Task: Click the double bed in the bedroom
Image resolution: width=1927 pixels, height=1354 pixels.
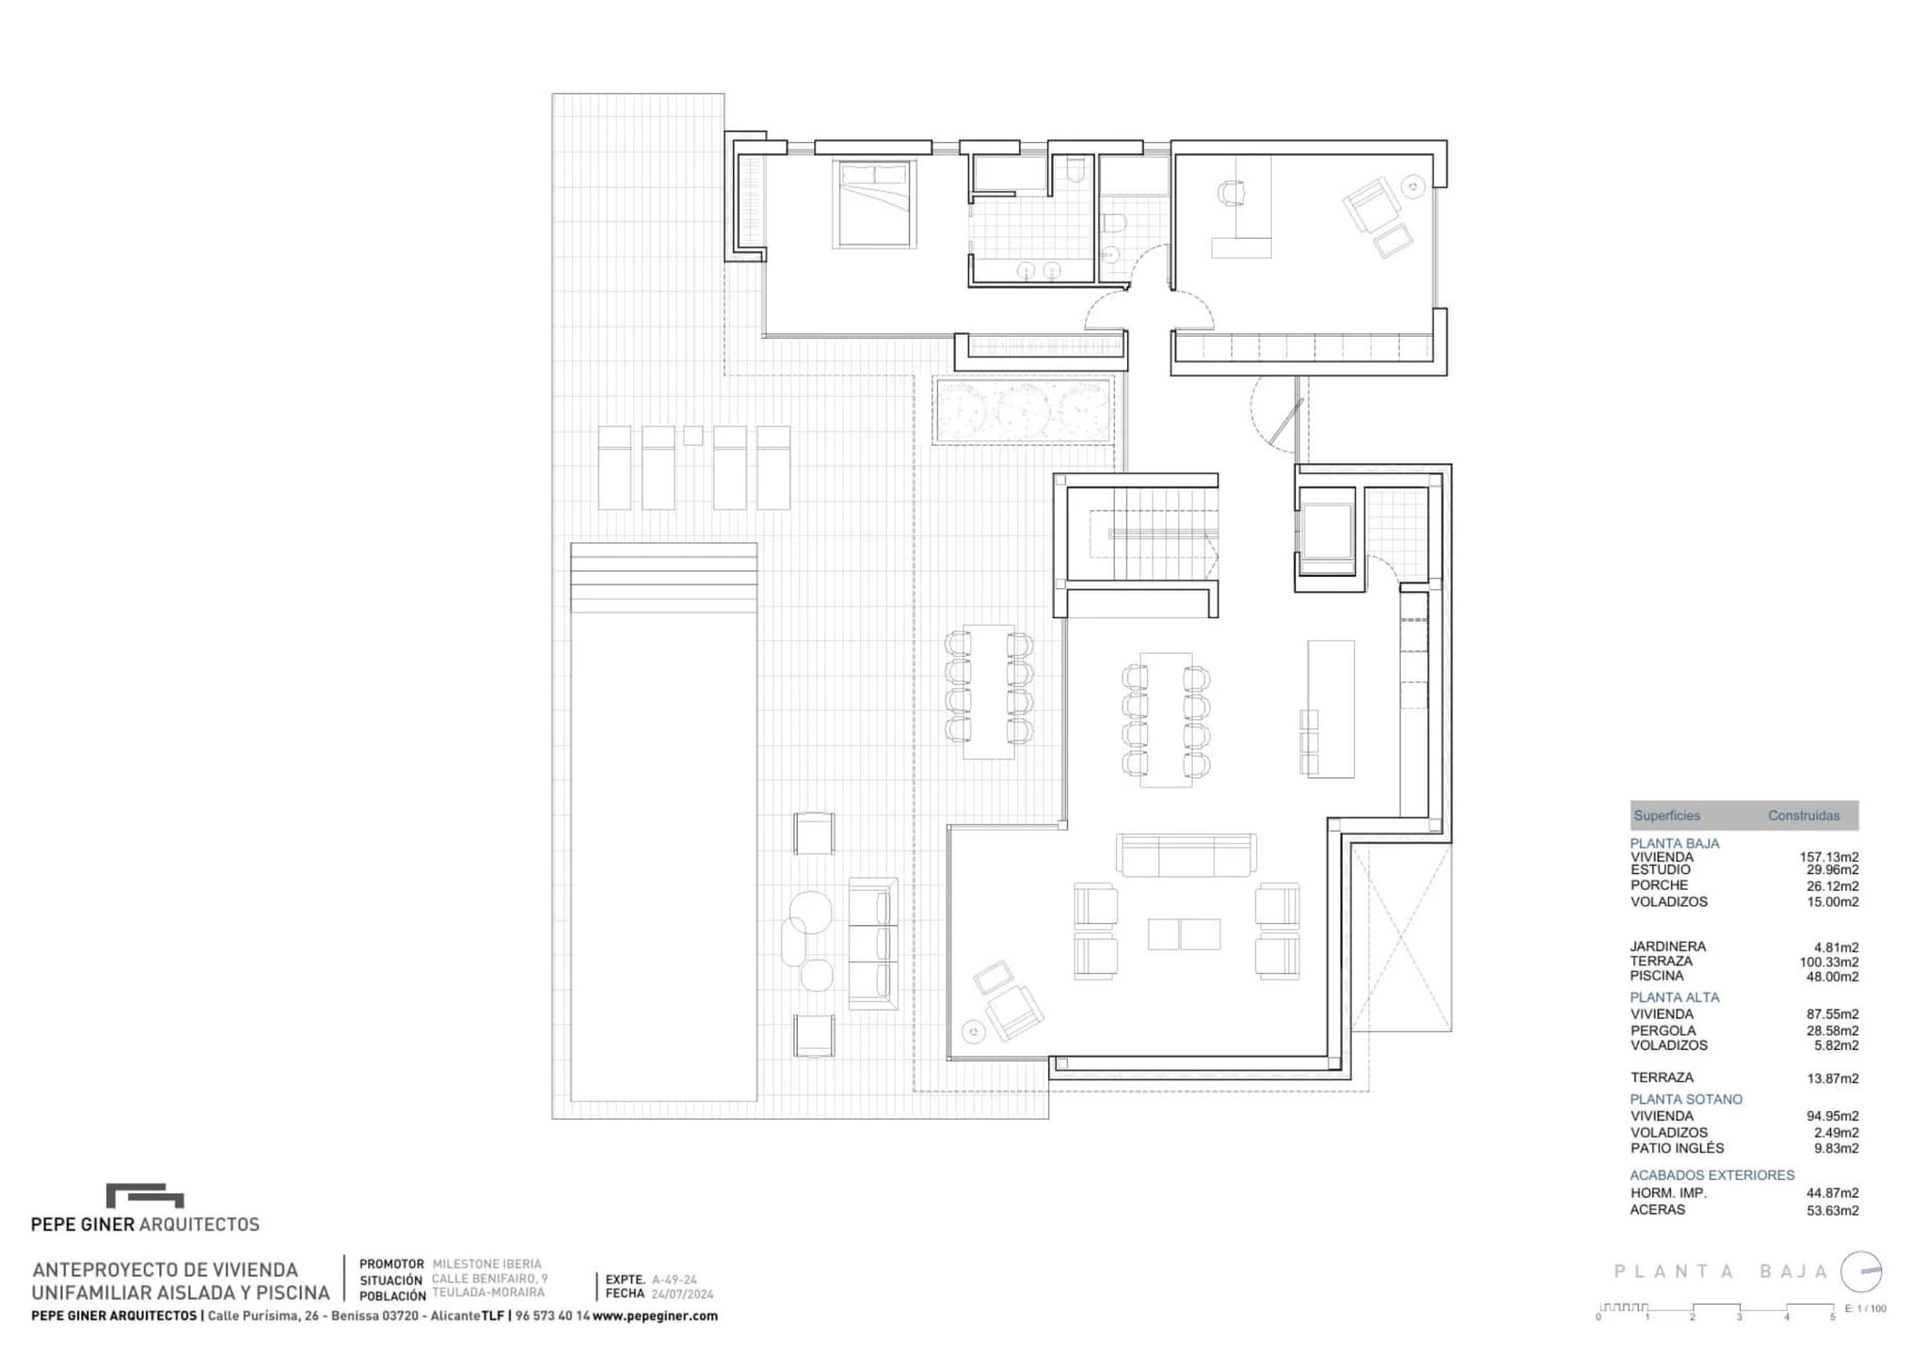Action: pyautogui.click(x=874, y=204)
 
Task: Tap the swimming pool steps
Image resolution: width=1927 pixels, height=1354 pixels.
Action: pyautogui.click(x=663, y=577)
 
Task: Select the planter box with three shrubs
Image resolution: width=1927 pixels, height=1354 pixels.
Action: pyautogui.click(x=1024, y=410)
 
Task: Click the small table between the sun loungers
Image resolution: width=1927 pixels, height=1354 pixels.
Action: pyautogui.click(x=693, y=435)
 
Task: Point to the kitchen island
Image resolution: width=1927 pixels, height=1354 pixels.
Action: pyautogui.click(x=1330, y=709)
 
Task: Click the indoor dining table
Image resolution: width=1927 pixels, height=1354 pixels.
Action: pyautogui.click(x=1166, y=719)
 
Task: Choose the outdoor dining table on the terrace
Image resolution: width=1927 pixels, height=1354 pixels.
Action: pyautogui.click(x=988, y=692)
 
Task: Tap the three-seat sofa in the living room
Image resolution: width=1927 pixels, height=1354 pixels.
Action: pyautogui.click(x=1186, y=854)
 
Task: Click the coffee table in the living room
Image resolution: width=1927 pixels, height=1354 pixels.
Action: pyautogui.click(x=1184, y=933)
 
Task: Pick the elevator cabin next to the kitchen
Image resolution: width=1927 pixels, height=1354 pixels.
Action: pyautogui.click(x=1326, y=538)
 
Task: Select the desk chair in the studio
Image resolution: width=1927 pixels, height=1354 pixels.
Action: pyautogui.click(x=1231, y=193)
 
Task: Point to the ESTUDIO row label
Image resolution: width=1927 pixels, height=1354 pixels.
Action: pyautogui.click(x=1660, y=869)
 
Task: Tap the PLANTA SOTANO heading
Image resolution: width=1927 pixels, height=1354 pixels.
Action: pyautogui.click(x=1686, y=1099)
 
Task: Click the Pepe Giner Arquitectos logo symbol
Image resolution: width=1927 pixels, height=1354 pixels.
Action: pyautogui.click(x=145, y=1195)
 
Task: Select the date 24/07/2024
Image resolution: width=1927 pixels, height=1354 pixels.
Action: pyautogui.click(x=682, y=1294)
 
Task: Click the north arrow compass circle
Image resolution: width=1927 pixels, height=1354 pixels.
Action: pyautogui.click(x=1861, y=1271)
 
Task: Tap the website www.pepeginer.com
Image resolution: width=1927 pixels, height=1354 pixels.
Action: pyautogui.click(x=655, y=1316)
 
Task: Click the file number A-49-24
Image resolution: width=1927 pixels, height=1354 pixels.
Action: pyautogui.click(x=674, y=1280)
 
